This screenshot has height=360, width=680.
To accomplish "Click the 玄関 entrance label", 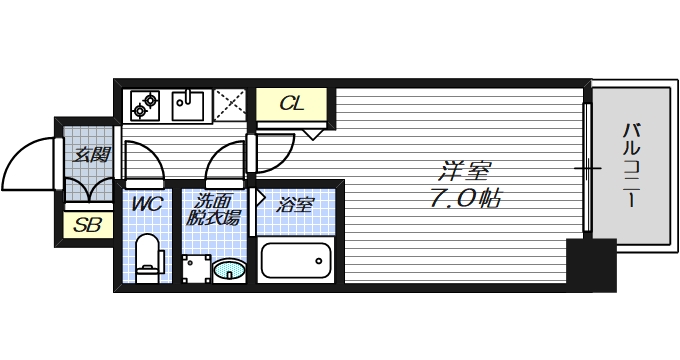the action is (x=91, y=155).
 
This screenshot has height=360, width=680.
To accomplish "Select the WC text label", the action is (x=148, y=205).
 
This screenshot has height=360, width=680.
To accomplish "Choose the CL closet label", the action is (x=291, y=104).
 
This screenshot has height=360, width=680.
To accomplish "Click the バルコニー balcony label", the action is (x=632, y=165).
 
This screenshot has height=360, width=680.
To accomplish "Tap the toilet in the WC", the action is (x=149, y=254).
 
